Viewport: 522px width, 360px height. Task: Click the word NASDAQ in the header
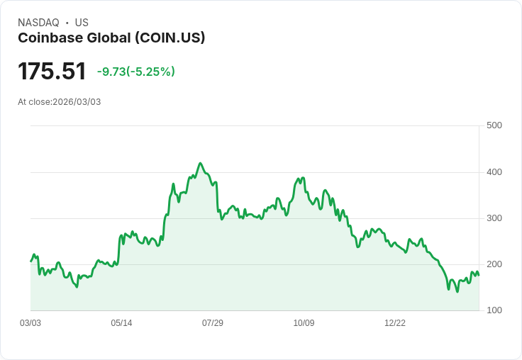tap(38, 23)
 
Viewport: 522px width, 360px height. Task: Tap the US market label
tap(82, 23)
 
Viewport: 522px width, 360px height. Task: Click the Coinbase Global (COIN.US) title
tap(111, 38)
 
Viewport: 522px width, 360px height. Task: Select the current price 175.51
tap(52, 71)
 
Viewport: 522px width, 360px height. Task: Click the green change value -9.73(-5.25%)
tap(136, 72)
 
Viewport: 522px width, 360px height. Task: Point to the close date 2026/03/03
tap(77, 102)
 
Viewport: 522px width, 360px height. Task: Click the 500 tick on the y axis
tap(494, 125)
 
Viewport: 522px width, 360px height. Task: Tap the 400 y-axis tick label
tap(494, 172)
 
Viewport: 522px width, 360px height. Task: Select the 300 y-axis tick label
tap(494, 218)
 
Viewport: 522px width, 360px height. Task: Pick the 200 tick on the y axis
tap(494, 264)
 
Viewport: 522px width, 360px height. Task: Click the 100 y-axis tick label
tap(494, 310)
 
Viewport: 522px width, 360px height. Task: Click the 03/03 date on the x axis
tap(30, 323)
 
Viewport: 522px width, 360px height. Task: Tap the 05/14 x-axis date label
tap(121, 323)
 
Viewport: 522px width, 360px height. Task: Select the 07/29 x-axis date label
tap(213, 323)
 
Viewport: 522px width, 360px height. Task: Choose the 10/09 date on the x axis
tap(304, 323)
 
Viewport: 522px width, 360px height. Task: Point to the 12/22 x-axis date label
tap(395, 323)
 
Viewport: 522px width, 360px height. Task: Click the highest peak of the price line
tap(200, 163)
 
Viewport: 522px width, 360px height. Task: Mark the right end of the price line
tap(479, 275)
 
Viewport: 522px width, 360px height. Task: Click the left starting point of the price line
tap(30, 261)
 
